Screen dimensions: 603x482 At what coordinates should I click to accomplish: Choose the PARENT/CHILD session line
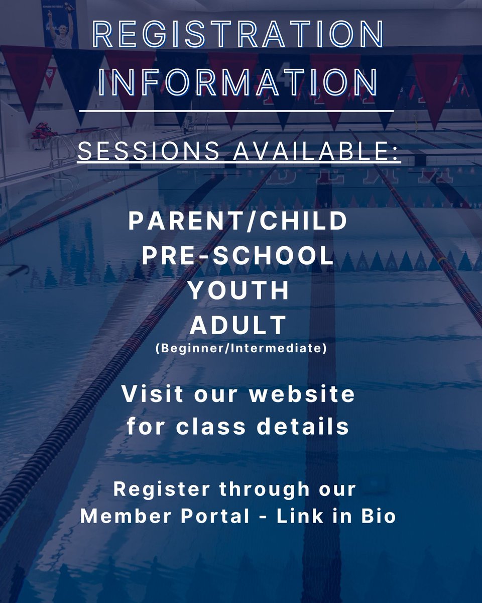click(x=238, y=221)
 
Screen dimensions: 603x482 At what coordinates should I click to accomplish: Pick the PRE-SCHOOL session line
click(x=238, y=256)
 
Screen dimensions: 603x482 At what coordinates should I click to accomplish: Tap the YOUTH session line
click(x=239, y=291)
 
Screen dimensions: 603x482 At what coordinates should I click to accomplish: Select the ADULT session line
click(x=238, y=326)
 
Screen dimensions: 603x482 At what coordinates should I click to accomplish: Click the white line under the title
click(x=236, y=111)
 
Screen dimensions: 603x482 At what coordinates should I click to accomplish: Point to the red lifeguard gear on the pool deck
click(x=44, y=132)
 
